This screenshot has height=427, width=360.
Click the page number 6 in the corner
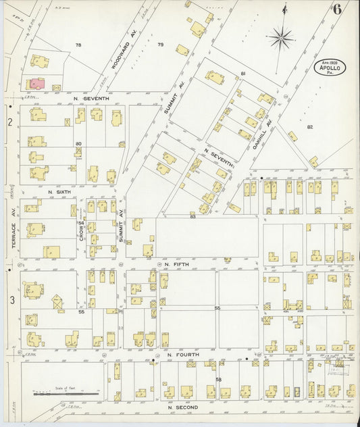(x=336, y=9)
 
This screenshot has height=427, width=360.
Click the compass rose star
(x=280, y=36)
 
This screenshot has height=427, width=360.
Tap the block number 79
(x=160, y=45)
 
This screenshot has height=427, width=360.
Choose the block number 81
(x=243, y=73)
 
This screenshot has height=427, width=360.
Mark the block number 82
(x=310, y=127)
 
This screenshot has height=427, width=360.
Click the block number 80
(x=78, y=143)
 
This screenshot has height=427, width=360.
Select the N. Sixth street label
(x=59, y=192)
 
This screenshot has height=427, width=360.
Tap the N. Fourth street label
(x=178, y=354)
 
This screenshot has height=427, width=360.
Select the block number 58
(x=218, y=380)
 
